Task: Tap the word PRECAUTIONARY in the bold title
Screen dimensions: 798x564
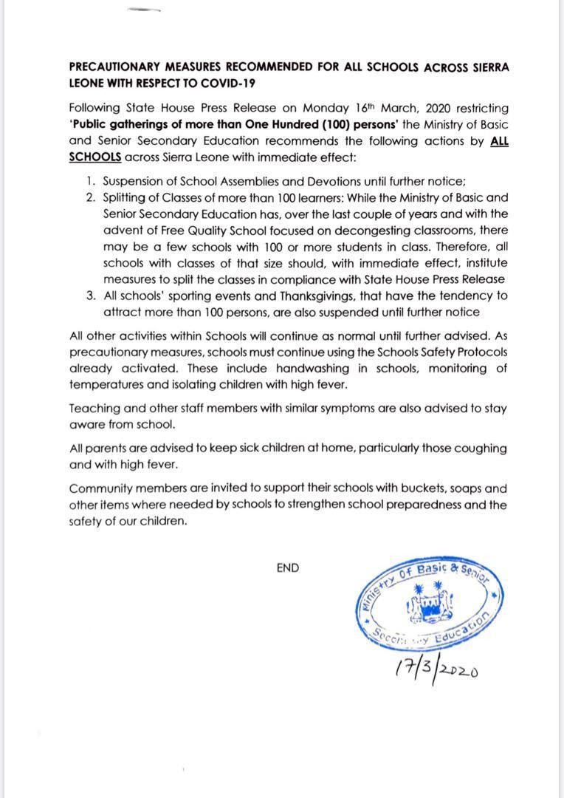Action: (x=116, y=66)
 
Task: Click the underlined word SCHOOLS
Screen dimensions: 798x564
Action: (x=95, y=157)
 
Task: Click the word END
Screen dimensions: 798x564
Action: (x=288, y=568)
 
